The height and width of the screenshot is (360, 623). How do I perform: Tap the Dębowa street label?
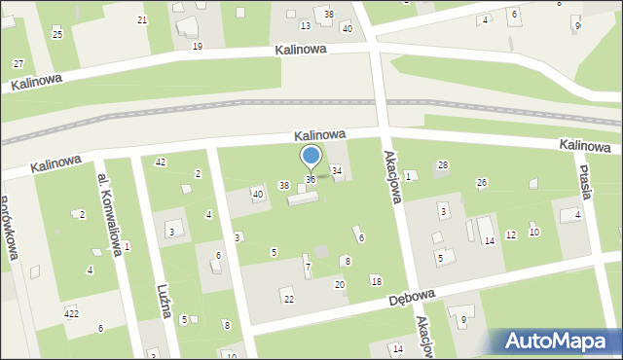[413, 298]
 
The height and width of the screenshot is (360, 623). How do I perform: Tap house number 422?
[71, 313]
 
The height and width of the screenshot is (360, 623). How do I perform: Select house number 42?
[161, 162]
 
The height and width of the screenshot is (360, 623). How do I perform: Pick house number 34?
[337, 171]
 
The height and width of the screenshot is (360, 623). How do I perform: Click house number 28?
[442, 165]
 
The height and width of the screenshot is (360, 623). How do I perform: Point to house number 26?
[481, 183]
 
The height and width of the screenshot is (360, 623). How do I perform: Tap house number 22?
[288, 298]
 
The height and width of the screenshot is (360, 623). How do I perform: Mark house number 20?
[340, 284]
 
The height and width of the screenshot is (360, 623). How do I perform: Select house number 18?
[376, 281]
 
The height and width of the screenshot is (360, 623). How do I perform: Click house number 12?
[511, 235]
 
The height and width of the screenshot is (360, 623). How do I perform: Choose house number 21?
[142, 20]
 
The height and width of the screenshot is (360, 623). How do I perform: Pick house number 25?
[57, 35]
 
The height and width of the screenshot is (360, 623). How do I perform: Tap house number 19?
[198, 47]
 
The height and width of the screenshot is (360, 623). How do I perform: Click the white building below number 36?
[302, 198]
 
